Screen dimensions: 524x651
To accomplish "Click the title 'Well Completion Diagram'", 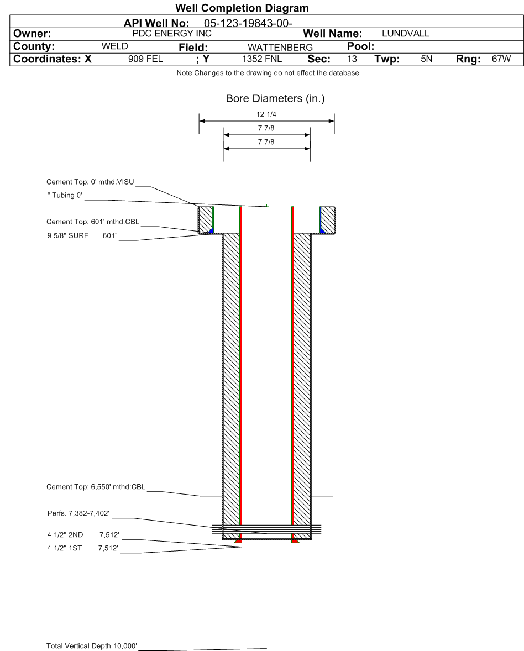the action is point(242,8).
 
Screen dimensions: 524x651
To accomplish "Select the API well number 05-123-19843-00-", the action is point(248,23).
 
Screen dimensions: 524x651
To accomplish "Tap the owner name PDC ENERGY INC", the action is point(172,34).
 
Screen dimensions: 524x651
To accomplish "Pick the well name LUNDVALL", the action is point(406,34).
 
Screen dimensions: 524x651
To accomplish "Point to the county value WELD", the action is point(114,46).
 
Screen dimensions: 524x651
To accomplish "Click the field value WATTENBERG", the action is point(280,48).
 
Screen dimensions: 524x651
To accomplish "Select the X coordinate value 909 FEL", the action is point(145,59).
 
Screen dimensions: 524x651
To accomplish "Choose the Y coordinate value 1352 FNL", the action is point(262,59).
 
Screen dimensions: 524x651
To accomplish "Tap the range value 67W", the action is point(501,59).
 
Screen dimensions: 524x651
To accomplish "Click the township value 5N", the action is point(426,59).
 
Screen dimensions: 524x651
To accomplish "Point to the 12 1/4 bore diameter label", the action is point(266,114).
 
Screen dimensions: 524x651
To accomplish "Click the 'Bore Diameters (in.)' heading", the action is point(275,98).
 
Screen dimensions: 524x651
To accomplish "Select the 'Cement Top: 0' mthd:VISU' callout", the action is point(90,182).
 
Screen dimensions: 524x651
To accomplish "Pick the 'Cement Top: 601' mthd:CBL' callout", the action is point(93,222).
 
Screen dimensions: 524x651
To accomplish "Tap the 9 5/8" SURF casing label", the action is point(67,236).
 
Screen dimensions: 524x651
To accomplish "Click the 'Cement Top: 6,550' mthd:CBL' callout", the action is point(96,486).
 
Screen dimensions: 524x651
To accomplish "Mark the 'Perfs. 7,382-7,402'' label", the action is point(78,513).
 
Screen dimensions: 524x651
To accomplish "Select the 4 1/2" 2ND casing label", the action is point(65,535).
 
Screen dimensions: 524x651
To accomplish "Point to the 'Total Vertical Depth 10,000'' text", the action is point(92,645).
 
